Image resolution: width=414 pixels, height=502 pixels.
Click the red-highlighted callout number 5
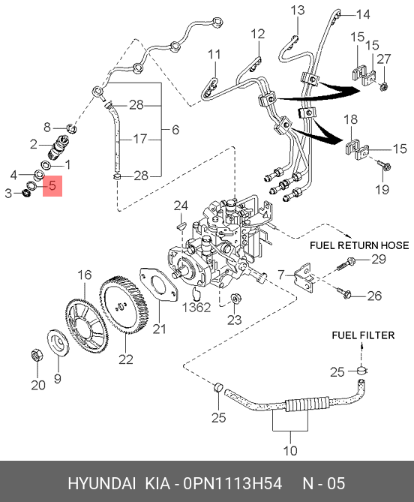(x=52, y=185)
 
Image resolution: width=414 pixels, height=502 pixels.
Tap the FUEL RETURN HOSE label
(x=359, y=245)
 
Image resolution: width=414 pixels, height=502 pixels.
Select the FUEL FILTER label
(x=363, y=335)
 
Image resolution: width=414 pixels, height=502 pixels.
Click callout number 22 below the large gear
(x=125, y=359)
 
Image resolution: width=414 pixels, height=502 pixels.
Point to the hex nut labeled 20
(x=37, y=356)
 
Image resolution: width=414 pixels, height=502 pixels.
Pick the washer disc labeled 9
(x=58, y=343)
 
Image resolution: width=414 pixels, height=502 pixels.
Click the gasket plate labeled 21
(x=158, y=285)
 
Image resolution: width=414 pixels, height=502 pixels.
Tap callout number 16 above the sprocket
(x=85, y=275)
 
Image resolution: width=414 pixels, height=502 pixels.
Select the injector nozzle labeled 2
(x=58, y=147)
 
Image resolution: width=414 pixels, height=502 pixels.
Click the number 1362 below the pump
(x=196, y=308)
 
